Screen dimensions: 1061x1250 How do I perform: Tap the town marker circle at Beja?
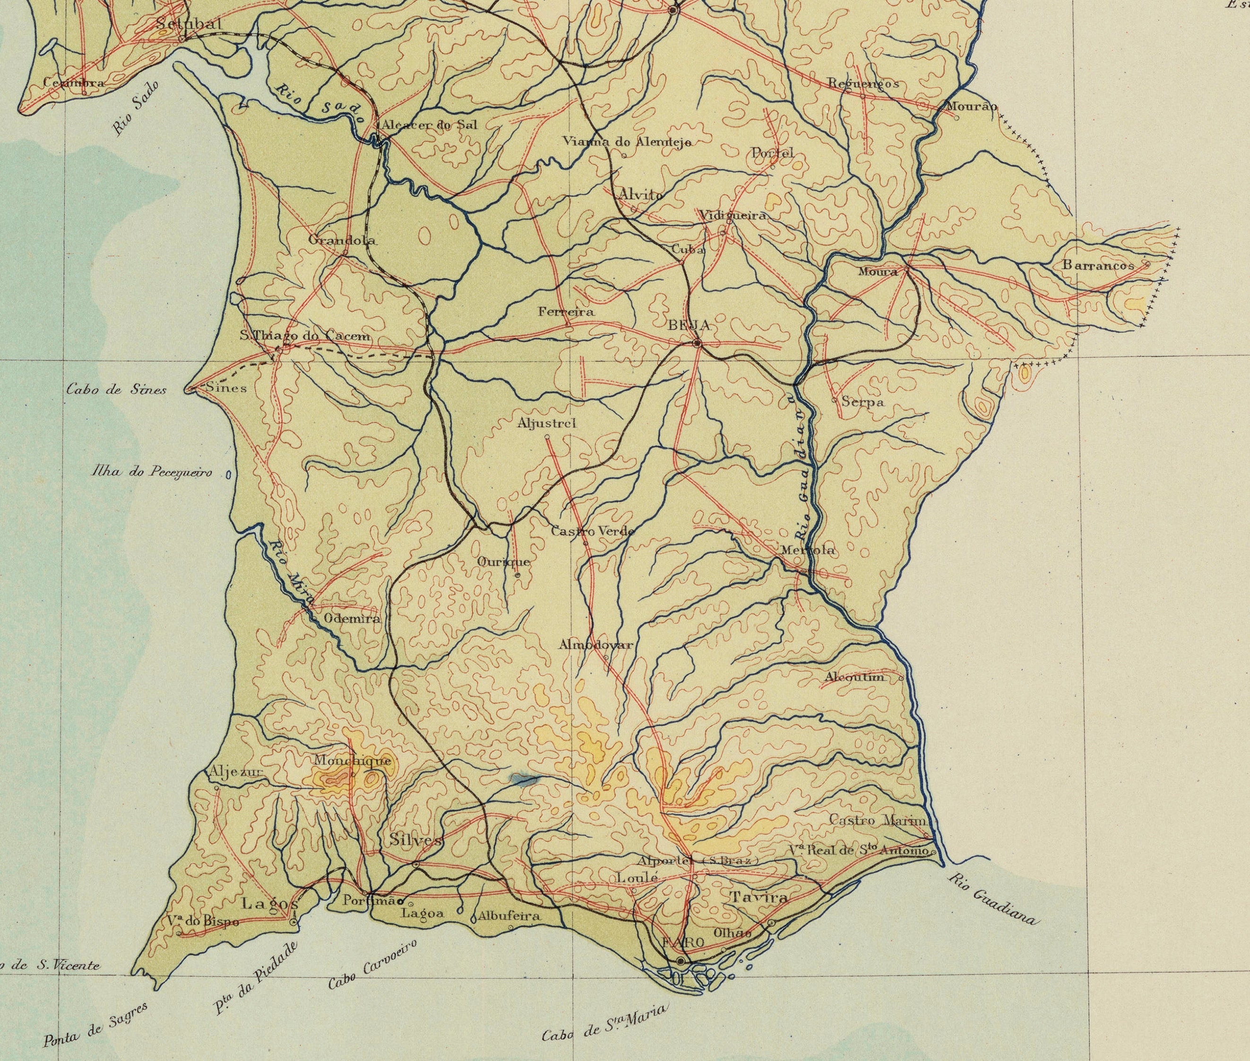[x=697, y=344]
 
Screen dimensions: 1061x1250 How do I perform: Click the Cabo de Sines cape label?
[x=116, y=390]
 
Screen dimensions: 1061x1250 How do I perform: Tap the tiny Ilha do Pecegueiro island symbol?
[x=229, y=474]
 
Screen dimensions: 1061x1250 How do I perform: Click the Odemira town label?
[x=353, y=618]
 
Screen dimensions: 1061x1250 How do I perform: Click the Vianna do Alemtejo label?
[x=626, y=142]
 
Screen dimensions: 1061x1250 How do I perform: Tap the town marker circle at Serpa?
[x=834, y=399]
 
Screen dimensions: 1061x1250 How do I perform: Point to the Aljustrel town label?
[x=547, y=423]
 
